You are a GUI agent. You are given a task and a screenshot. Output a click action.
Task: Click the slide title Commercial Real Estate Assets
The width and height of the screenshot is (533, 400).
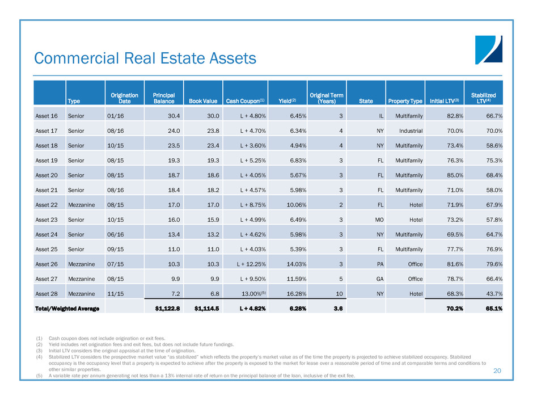click(145, 58)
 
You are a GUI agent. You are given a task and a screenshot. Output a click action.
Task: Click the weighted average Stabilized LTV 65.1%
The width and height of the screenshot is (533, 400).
click(490, 308)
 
